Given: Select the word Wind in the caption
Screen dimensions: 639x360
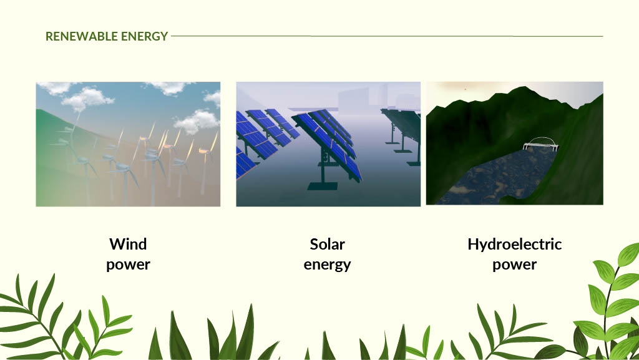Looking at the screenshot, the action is tap(128, 245).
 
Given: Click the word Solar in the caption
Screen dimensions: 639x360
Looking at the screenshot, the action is tap(327, 245).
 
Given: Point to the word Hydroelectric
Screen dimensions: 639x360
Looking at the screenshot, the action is tap(515, 245).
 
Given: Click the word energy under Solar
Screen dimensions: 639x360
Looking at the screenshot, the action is tap(327, 265).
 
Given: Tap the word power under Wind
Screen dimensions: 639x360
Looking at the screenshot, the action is tap(128, 265).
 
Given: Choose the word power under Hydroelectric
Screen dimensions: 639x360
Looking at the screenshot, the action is tap(515, 265).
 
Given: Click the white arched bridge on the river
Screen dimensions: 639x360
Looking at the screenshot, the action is tap(540, 144).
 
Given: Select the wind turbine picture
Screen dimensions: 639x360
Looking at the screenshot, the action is tap(128, 144).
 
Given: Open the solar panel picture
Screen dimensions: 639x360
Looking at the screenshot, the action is tap(328, 144).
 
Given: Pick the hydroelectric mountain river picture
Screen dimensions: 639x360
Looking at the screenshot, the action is tap(515, 144).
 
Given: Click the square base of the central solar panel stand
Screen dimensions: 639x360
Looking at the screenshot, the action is tap(323, 186).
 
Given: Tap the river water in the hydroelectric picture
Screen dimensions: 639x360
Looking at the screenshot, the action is tap(497, 175).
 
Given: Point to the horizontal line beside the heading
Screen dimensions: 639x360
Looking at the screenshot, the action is tap(387, 36).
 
